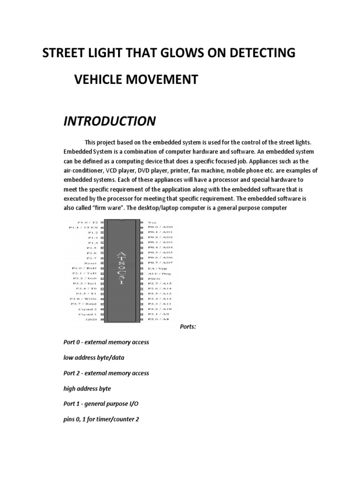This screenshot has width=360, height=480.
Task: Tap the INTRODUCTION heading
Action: pyautogui.click(x=109, y=121)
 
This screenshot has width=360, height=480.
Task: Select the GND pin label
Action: pyautogui.click(x=91, y=319)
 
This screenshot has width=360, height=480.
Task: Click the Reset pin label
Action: pyautogui.click(x=90, y=263)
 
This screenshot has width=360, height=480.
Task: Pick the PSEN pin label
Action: pyautogui.click(x=155, y=277)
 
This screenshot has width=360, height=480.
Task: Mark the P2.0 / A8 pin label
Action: pyautogui.click(x=158, y=319)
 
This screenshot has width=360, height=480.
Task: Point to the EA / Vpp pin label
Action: pyautogui.click(x=158, y=268)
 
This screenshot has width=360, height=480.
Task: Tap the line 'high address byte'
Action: pyautogui.click(x=87, y=389)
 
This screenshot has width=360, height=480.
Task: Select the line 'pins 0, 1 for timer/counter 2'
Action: pyautogui.click(x=101, y=419)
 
